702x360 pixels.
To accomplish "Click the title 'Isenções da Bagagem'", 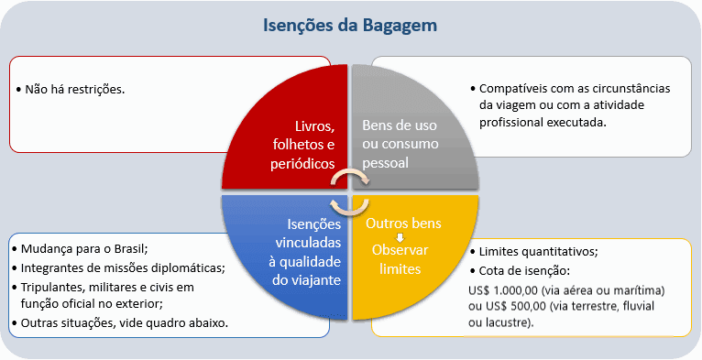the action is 350,25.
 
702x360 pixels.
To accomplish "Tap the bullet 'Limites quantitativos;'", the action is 539,252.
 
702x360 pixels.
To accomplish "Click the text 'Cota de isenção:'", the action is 524,271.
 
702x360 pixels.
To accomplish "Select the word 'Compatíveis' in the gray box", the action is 517,89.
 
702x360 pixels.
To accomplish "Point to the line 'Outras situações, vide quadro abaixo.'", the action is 124,322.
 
